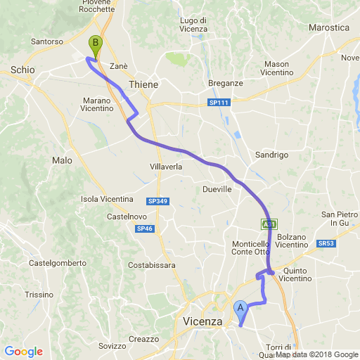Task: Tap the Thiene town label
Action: [x=143, y=84]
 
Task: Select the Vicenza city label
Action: [x=202, y=321]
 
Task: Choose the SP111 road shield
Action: [x=219, y=103]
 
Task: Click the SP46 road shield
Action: [x=145, y=229]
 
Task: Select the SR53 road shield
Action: [x=325, y=243]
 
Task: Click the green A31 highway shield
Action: [x=269, y=224]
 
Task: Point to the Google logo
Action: [x=23, y=352]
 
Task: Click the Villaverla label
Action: [x=166, y=167]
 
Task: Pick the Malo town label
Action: [x=62, y=160]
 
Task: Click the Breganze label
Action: [x=226, y=83]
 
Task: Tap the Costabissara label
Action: [x=152, y=265]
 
